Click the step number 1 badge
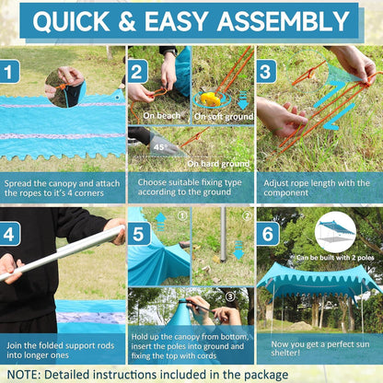coord(9,72)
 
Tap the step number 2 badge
coord(138,72)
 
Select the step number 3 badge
coord(266,72)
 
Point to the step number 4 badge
coord(10,234)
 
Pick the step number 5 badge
coord(139,234)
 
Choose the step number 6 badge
coord(268,234)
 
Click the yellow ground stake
coord(211,99)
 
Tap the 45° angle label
coord(159,147)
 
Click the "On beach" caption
coord(162,116)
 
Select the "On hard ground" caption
coord(218,164)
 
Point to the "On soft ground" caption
coord(224,117)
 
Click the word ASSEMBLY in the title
coord(284,21)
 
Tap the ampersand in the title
coord(127,21)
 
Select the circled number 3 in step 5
coord(230,296)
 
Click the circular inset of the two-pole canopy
coord(335,232)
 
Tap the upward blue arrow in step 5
coord(161,222)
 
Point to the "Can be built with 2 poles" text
coord(335,258)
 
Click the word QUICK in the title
coord(71,22)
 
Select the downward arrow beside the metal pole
coord(238,250)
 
